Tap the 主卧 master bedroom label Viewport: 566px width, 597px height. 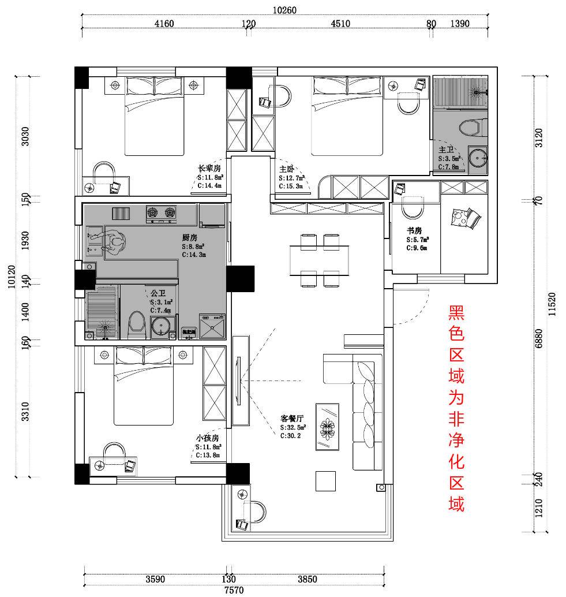[x=287, y=169]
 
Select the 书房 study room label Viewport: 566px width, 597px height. [x=414, y=230]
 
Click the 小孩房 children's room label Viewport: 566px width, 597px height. [x=207, y=438]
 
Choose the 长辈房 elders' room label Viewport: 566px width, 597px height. [x=209, y=168]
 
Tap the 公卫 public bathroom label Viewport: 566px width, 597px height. [x=158, y=293]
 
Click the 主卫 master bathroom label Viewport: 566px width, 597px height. [x=446, y=150]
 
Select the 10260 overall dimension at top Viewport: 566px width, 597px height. [x=286, y=9]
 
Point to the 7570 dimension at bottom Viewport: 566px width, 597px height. [x=234, y=590]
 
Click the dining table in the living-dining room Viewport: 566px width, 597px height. [x=319, y=260]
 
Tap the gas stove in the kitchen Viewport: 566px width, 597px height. [x=162, y=213]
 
